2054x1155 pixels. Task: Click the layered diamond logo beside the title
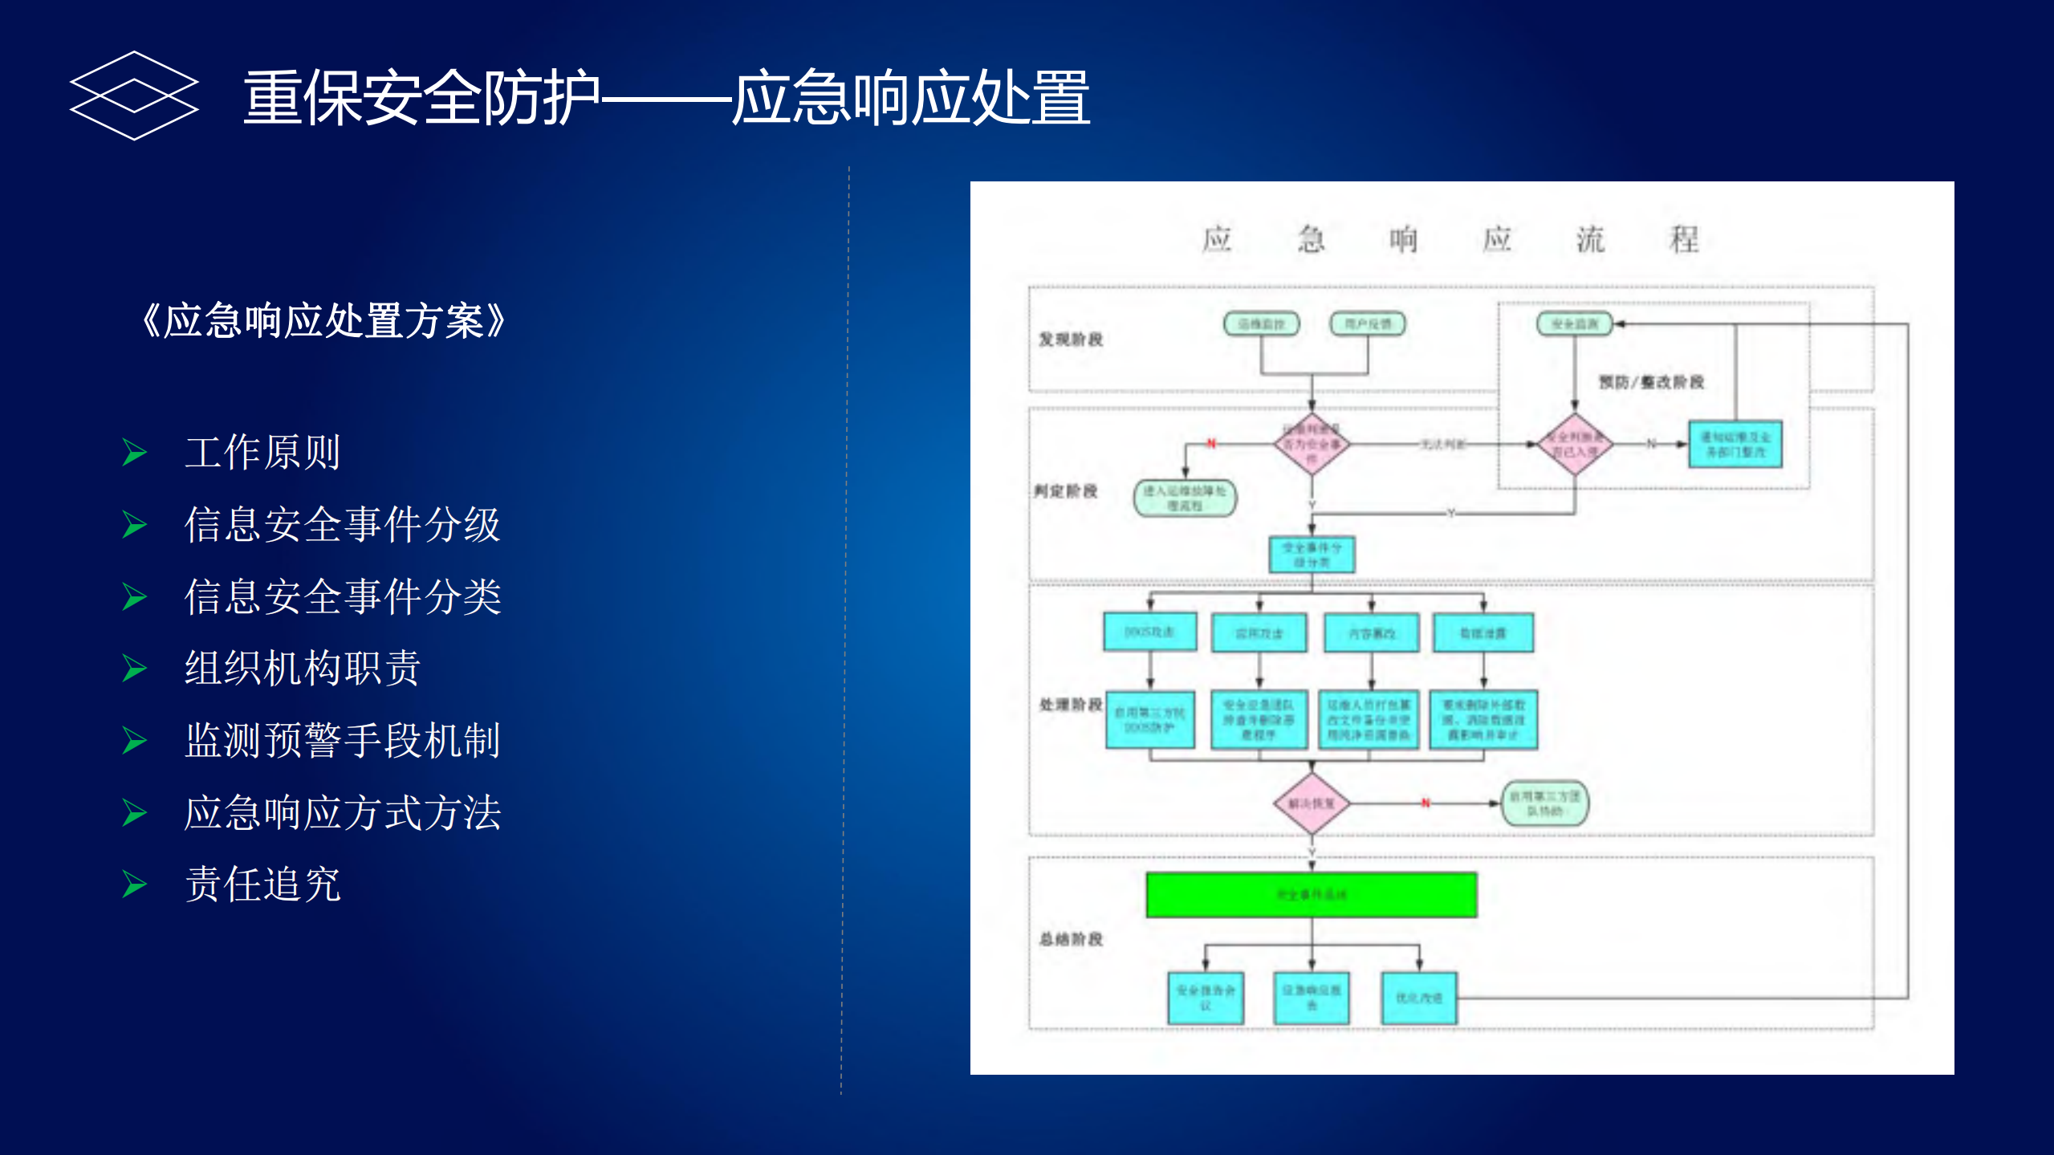coord(134,96)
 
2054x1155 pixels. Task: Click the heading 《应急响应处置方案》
coord(323,321)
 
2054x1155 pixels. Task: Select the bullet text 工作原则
coord(262,452)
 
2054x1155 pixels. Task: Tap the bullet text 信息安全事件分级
coord(342,524)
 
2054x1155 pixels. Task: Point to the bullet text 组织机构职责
coord(303,668)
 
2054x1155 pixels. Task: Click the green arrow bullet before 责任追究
coord(134,885)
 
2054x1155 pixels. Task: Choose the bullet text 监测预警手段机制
coord(342,740)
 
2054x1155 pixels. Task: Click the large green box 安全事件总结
coord(1311,894)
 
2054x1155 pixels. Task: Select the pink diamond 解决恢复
coord(1312,803)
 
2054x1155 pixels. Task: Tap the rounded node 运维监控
coord(1261,324)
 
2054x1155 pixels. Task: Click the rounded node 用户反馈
coord(1368,324)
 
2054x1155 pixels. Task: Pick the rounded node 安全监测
coord(1574,324)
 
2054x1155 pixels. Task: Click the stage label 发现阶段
coord(1071,340)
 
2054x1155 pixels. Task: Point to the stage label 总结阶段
coord(1071,939)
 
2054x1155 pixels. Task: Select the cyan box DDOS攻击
coord(1149,632)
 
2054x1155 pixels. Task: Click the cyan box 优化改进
coord(1418,998)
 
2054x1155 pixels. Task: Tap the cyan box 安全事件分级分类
coord(1312,555)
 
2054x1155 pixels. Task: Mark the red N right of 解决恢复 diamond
coord(1426,803)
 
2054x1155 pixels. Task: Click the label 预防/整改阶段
coord(1651,382)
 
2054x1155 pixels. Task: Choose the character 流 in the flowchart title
coord(1590,239)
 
